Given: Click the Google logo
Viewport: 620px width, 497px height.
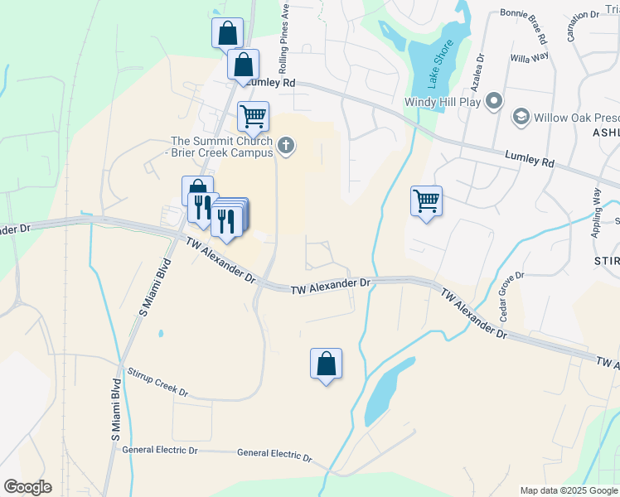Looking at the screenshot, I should tap(27, 487).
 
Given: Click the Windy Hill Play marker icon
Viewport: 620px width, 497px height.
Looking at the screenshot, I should tap(494, 101).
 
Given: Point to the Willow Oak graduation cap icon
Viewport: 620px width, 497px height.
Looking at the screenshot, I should tap(521, 118).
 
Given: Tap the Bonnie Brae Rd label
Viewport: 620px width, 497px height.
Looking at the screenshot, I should tap(523, 27).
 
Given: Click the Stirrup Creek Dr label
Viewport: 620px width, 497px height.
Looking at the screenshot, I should tap(155, 385).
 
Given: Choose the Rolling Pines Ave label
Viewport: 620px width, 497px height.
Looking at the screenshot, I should tap(283, 36).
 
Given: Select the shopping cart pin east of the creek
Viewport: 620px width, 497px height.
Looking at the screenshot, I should tap(426, 200).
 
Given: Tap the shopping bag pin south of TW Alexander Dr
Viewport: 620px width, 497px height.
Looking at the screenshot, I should tap(326, 363).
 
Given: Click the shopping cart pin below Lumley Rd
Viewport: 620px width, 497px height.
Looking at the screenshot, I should tap(253, 116).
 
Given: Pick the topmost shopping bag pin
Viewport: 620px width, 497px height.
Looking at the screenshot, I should tap(227, 33).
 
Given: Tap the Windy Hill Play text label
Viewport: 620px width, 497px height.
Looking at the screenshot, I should tap(443, 102).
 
